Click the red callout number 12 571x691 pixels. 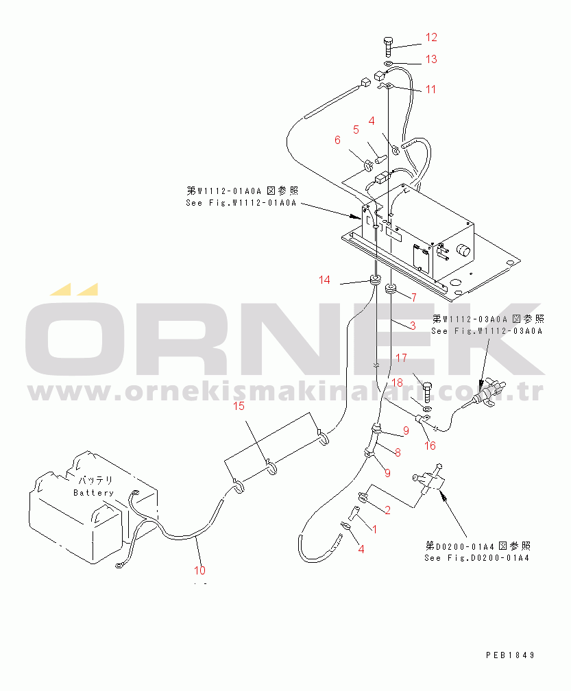click(431, 38)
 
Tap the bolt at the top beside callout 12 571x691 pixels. click(388, 47)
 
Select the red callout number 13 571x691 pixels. click(431, 59)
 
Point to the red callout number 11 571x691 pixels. click(430, 89)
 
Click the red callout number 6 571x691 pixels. click(337, 140)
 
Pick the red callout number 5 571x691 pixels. click(356, 130)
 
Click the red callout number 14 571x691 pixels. click(324, 280)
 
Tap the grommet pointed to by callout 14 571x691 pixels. click(375, 280)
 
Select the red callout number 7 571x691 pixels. click(414, 298)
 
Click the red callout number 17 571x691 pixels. click(401, 358)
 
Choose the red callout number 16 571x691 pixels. click(430, 446)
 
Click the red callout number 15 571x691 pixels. click(239, 406)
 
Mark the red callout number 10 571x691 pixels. click(199, 570)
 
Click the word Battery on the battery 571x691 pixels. click(93, 493)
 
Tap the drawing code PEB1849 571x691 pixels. click(510, 655)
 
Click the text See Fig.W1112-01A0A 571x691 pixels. click(241, 203)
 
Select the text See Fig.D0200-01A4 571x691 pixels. click(476, 558)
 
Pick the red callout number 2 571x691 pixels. click(387, 510)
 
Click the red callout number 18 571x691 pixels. click(397, 383)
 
